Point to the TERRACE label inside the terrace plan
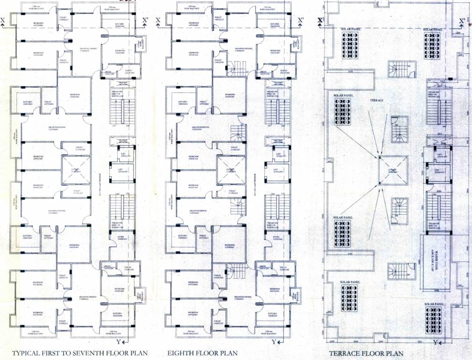pyautogui.click(x=377, y=100)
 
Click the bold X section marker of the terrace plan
pyautogui.click(x=320, y=20)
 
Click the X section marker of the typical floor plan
pyautogui.click(x=4, y=20)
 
